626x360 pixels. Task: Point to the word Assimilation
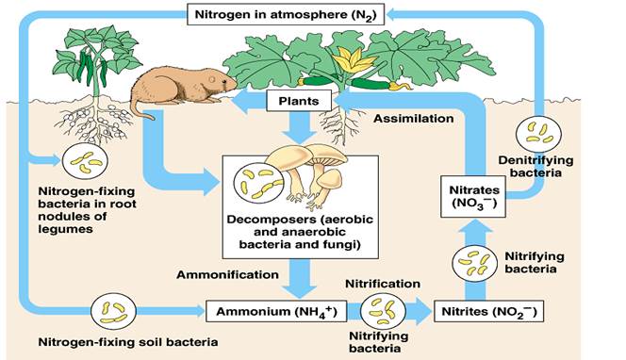tap(412, 120)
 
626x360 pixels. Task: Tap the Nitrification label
tap(382, 283)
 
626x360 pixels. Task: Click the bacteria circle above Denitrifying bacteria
tap(544, 133)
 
